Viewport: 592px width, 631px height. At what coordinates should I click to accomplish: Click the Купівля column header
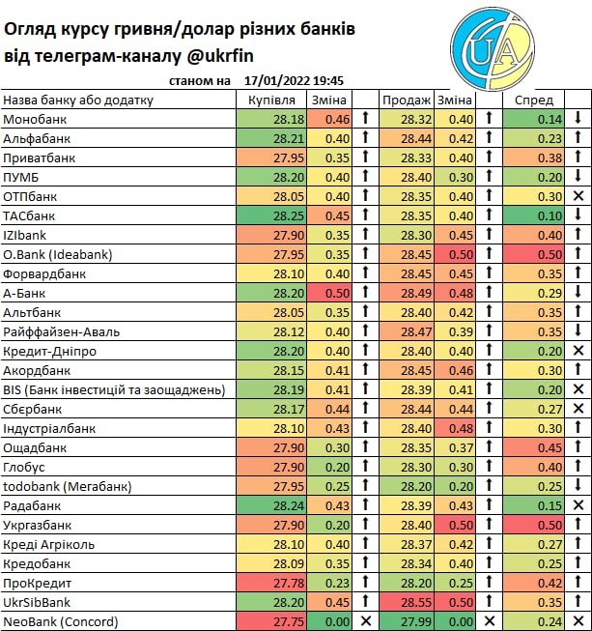(272, 100)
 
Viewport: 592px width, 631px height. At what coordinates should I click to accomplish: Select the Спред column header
(534, 100)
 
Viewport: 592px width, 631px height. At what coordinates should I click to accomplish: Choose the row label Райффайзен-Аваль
(59, 331)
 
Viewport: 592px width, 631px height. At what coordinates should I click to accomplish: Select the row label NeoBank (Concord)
(61, 621)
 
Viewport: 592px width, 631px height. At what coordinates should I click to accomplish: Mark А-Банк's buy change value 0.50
(337, 293)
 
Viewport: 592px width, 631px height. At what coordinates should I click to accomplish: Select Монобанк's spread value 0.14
(550, 119)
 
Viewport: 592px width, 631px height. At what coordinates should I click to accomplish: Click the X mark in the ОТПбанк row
(578, 196)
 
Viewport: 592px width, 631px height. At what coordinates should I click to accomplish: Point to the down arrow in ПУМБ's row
(578, 177)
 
